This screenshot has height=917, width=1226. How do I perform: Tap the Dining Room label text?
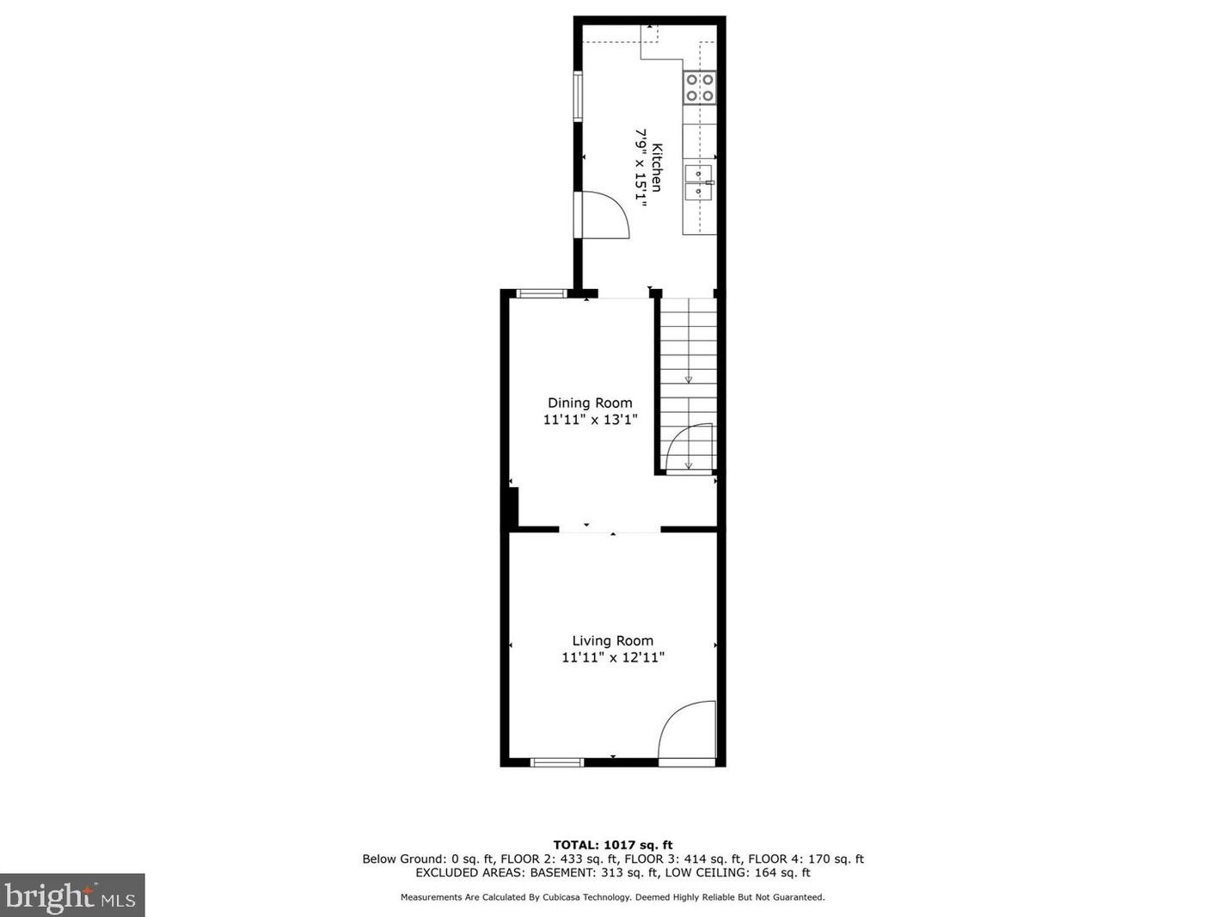coord(590,403)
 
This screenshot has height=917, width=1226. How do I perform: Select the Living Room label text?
coord(613,641)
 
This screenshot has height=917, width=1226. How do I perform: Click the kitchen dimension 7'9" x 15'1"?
coord(641,165)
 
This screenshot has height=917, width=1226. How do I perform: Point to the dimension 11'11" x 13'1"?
coord(590,420)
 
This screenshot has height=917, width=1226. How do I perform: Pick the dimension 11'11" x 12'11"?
coord(613,658)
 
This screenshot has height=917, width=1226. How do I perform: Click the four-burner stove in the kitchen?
coord(700,88)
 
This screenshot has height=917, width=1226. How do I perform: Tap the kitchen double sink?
coord(698,182)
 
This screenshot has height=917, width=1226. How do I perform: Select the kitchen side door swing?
coord(605,215)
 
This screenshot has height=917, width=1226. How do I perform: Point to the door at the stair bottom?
coord(691,447)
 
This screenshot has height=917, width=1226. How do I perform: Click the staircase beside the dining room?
coord(688,361)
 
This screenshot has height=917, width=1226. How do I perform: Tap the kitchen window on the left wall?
coord(579,97)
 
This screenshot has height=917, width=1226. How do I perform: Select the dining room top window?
coord(542,294)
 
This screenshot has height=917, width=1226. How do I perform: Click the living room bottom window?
coord(557,762)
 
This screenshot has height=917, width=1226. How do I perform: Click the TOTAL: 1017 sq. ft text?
coord(613,845)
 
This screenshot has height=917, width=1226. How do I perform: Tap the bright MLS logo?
coord(72,896)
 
